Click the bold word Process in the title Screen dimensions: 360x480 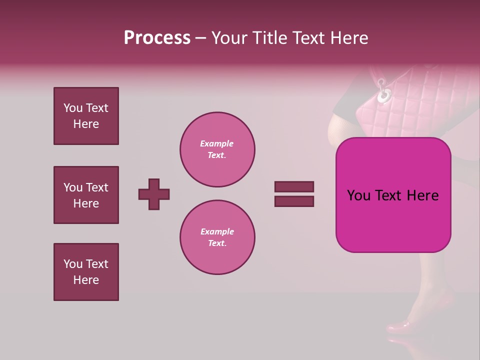(x=157, y=38)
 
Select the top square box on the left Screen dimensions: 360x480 (x=86, y=116)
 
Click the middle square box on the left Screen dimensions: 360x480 (x=86, y=195)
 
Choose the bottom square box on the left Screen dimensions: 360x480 (x=86, y=272)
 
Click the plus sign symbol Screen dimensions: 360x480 (x=154, y=194)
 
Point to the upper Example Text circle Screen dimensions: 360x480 (x=217, y=149)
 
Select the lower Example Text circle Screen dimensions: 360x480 (x=217, y=237)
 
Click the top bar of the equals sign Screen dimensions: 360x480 (x=294, y=187)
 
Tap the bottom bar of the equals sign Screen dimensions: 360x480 (x=294, y=201)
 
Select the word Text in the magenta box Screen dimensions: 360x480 (x=393, y=195)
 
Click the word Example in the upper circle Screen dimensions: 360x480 (x=216, y=143)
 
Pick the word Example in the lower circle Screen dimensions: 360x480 (x=217, y=231)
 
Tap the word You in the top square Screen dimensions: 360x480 (x=72, y=108)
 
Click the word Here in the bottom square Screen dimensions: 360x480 (x=86, y=280)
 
